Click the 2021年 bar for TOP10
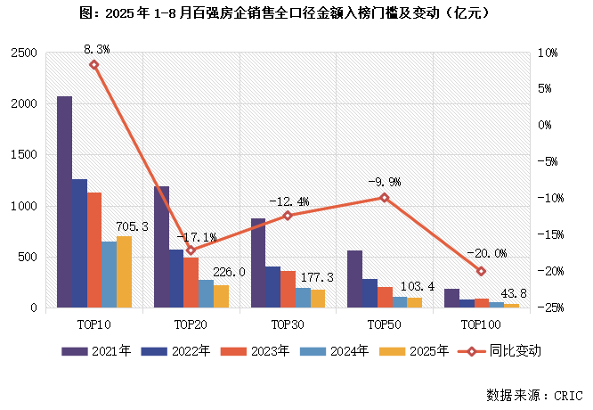[x=65, y=202]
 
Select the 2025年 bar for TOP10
[x=124, y=272]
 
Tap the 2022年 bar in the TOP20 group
[x=176, y=279]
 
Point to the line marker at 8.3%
[x=94, y=64]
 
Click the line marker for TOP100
[x=481, y=271]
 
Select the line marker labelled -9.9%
[x=385, y=197]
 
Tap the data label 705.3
[x=132, y=227]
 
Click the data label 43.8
[x=517, y=295]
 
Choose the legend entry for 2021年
[x=96, y=351]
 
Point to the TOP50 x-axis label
[x=385, y=325]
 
